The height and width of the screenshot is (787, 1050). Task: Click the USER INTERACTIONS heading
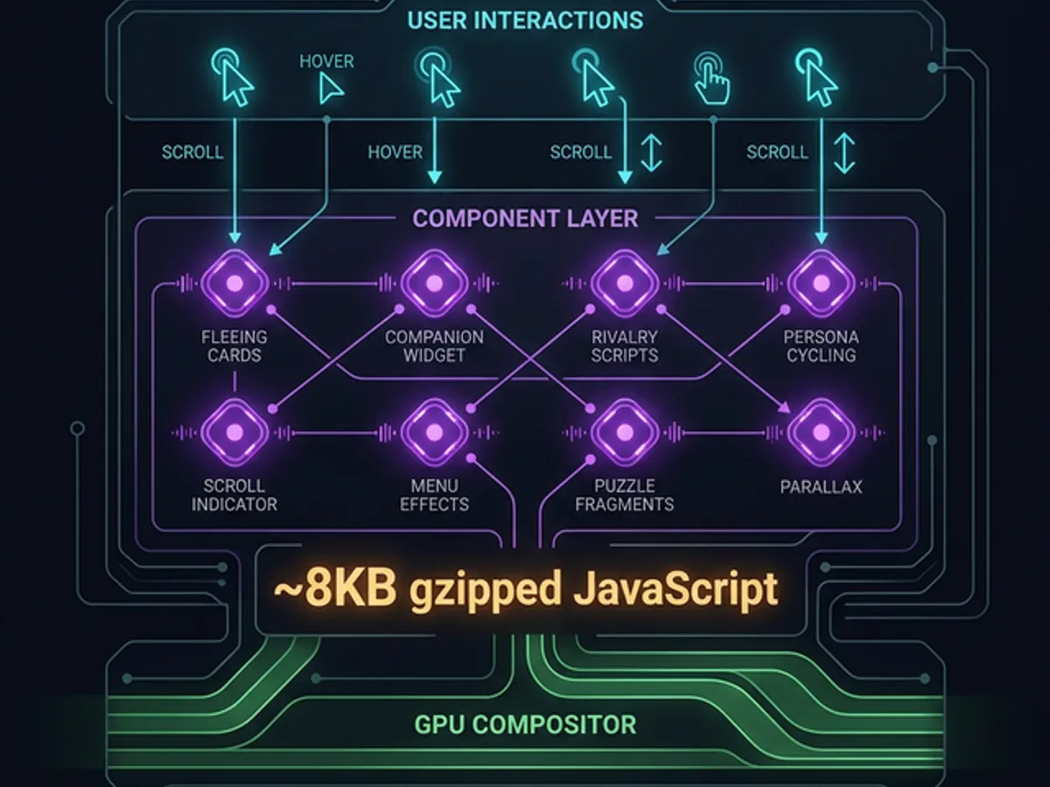[525, 20]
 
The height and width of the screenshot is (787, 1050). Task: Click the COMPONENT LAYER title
[525, 218]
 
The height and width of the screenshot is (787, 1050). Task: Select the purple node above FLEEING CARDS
[234, 283]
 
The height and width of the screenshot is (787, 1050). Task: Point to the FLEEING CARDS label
[234, 346]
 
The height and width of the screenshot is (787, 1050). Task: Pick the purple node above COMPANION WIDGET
[434, 283]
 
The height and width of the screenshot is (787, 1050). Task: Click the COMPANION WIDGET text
[434, 346]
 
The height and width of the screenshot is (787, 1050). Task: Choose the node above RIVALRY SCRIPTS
[625, 283]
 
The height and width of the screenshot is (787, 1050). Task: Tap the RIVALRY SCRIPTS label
[625, 346]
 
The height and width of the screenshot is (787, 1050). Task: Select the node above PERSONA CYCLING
[821, 283]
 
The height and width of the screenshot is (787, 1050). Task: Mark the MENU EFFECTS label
[434, 495]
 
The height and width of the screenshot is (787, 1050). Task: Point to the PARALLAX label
[821, 486]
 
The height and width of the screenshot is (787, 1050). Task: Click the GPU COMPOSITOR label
[525, 725]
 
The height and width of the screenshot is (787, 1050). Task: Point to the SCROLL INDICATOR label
[234, 495]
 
